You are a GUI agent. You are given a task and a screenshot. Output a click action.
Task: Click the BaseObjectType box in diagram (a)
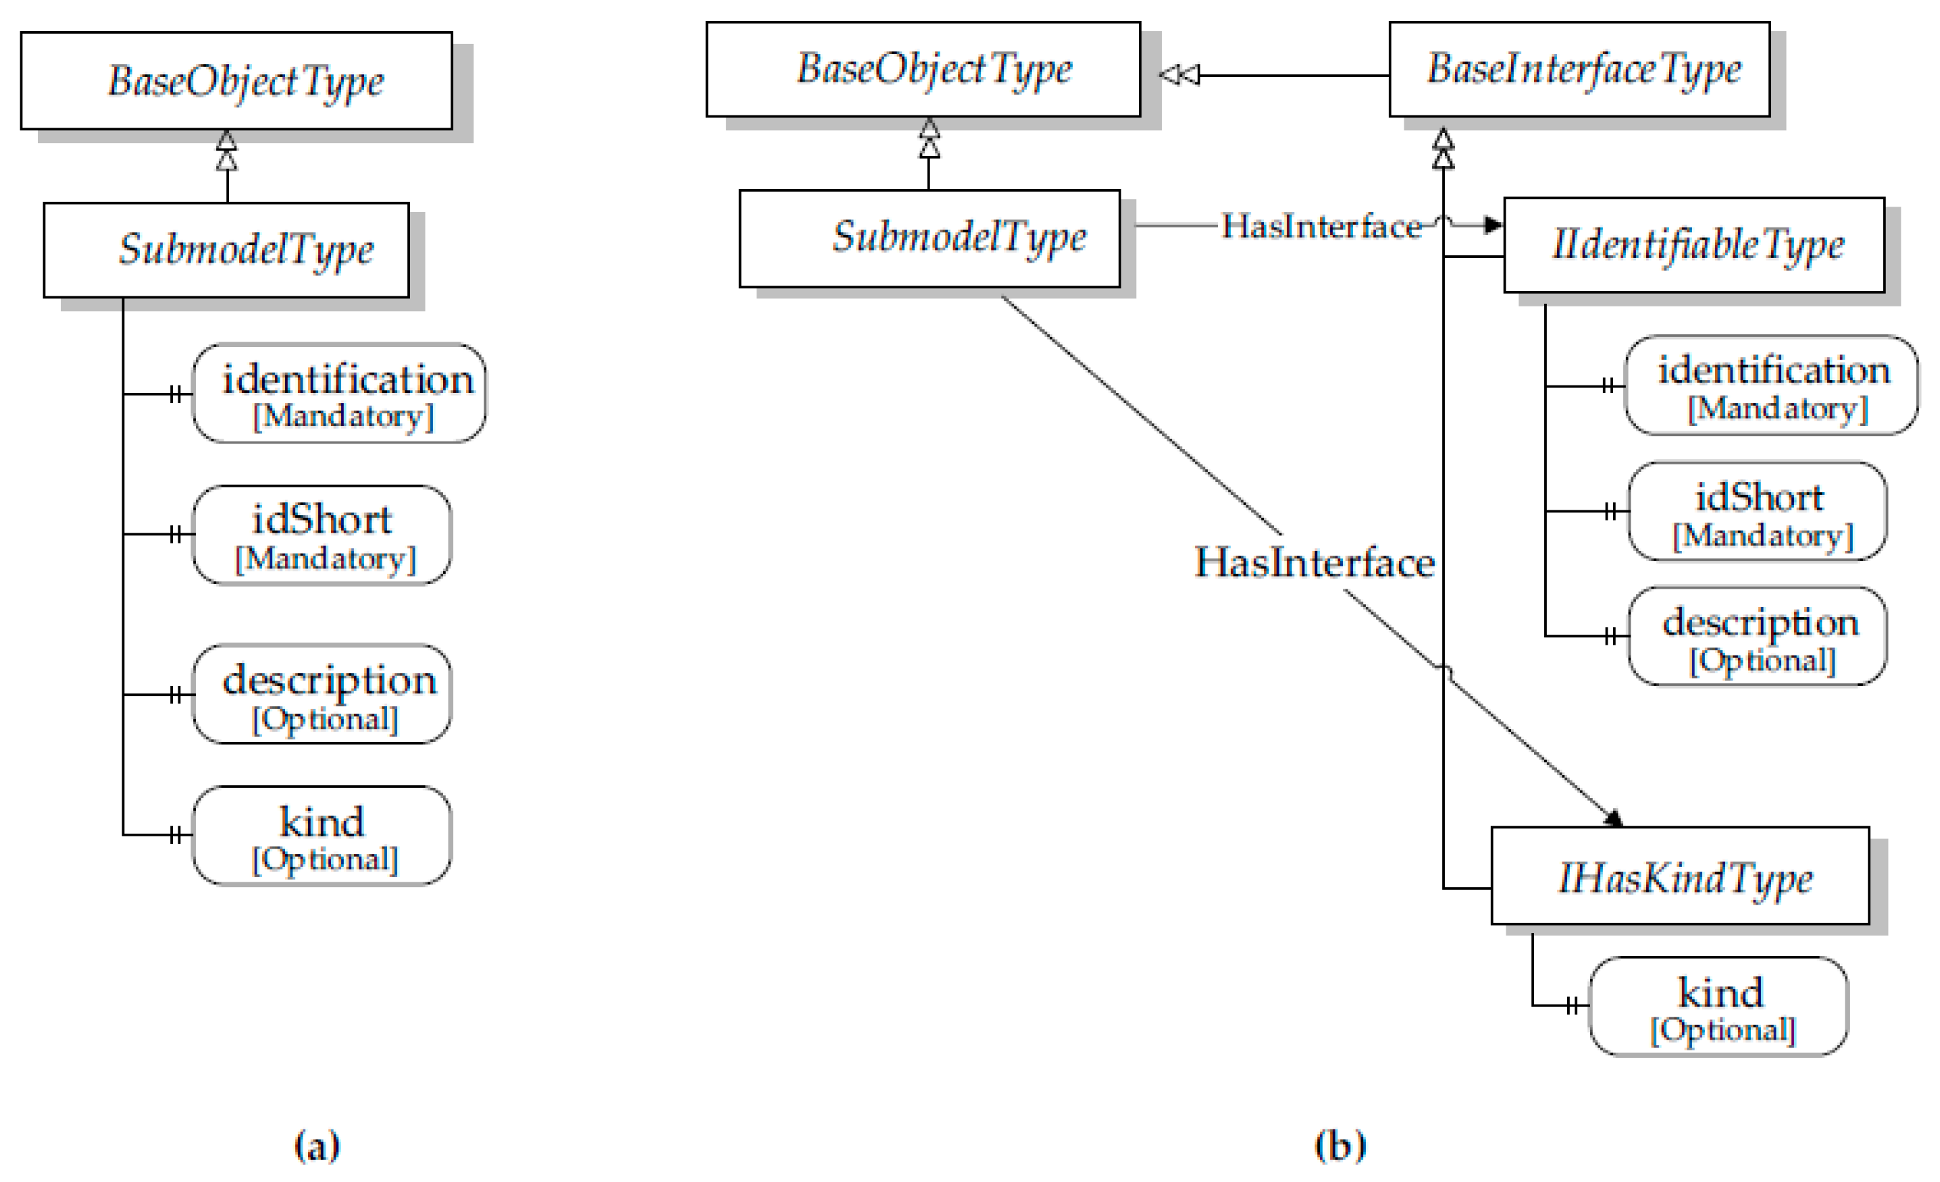[236, 80]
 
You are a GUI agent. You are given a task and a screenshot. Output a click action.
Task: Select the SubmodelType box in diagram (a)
[227, 250]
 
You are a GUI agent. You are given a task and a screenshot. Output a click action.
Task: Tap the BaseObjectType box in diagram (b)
[923, 70]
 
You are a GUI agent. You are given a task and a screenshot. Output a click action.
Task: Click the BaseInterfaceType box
[1579, 70]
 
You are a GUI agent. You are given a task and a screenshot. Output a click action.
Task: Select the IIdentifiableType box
[1693, 245]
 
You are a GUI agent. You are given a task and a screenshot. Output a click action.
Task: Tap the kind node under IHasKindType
[1718, 1006]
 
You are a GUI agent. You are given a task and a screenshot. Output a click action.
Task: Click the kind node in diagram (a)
[322, 835]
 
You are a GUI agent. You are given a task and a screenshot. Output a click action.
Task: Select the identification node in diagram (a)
[339, 393]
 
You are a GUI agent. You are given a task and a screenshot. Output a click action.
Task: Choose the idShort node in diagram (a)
[322, 535]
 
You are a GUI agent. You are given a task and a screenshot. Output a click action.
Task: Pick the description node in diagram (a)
[322, 694]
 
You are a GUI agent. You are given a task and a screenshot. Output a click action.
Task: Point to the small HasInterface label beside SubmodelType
[1321, 227]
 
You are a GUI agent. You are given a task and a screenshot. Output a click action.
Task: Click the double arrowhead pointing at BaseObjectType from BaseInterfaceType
[1179, 75]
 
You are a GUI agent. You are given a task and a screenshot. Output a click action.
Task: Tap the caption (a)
[317, 1145]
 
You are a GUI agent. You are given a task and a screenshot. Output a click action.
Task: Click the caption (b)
[1340, 1145]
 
